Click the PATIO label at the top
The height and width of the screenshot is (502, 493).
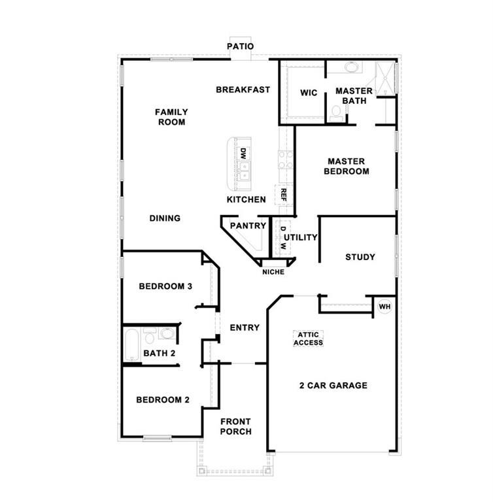[x=240, y=46]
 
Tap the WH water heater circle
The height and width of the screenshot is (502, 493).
[x=384, y=306]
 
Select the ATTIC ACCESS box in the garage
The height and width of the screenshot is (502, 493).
[x=308, y=339]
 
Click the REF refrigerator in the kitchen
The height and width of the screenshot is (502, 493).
[x=284, y=194]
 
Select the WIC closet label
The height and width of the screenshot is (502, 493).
[x=309, y=93]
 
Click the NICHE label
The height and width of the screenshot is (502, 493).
[x=273, y=272]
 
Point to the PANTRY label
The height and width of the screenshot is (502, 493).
[x=248, y=226]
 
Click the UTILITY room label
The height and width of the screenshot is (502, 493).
[x=301, y=237]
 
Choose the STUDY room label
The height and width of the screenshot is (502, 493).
[x=360, y=257]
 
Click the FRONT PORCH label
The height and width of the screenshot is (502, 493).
[x=235, y=426]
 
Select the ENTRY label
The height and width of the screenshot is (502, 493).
[x=245, y=327]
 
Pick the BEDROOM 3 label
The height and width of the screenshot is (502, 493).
[x=165, y=286]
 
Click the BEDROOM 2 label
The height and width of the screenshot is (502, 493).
[x=163, y=399]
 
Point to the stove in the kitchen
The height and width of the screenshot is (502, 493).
[x=285, y=160]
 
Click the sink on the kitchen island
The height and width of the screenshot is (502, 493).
[x=243, y=172]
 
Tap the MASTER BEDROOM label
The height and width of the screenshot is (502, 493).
[x=348, y=166]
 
